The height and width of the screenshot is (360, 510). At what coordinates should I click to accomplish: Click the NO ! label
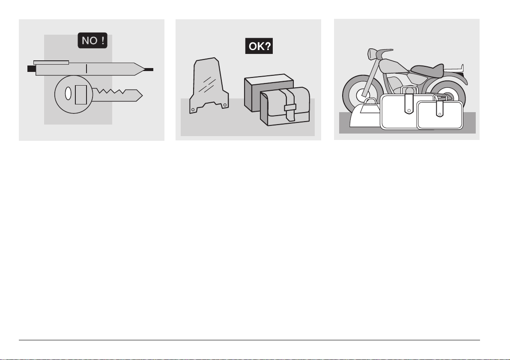coord(92,41)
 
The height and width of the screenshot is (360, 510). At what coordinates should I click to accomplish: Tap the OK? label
coord(259,46)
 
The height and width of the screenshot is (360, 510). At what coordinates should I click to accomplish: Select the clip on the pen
coord(51,62)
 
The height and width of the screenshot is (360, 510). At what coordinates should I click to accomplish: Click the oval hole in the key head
coord(68,94)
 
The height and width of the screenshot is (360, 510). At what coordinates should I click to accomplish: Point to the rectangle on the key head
coord(81,95)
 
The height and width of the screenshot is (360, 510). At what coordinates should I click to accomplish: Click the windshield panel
coord(209,85)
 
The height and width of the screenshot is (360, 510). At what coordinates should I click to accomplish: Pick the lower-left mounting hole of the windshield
coord(193,110)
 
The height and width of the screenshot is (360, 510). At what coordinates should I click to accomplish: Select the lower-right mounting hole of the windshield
coord(224,105)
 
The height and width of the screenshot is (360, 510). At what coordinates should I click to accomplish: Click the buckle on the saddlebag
coord(290,107)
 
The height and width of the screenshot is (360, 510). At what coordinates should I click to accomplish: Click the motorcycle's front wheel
coord(362,94)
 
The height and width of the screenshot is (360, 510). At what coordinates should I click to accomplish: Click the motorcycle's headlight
coord(370,54)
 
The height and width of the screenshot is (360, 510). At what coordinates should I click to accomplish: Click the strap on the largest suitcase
coord(409,104)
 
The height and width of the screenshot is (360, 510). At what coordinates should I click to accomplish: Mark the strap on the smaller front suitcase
coord(440,108)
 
